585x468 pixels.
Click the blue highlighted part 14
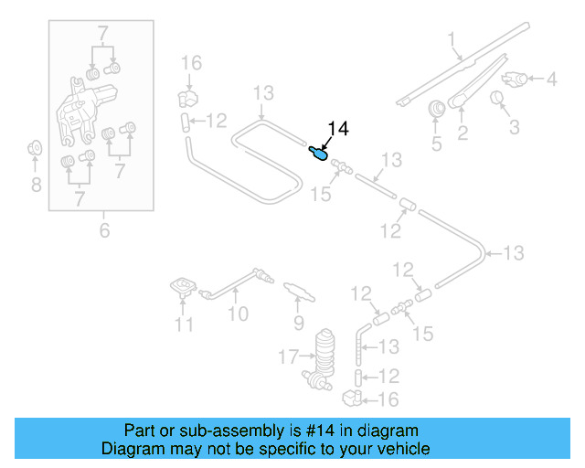[x=318, y=153]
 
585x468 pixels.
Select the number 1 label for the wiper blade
[x=452, y=38]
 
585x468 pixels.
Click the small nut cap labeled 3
[x=499, y=98]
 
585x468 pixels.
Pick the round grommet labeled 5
[x=436, y=108]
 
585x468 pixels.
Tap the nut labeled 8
[x=35, y=147]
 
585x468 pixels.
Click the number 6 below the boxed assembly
[x=104, y=230]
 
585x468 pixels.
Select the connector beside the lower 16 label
[x=353, y=398]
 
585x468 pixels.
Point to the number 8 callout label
[x=35, y=186]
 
